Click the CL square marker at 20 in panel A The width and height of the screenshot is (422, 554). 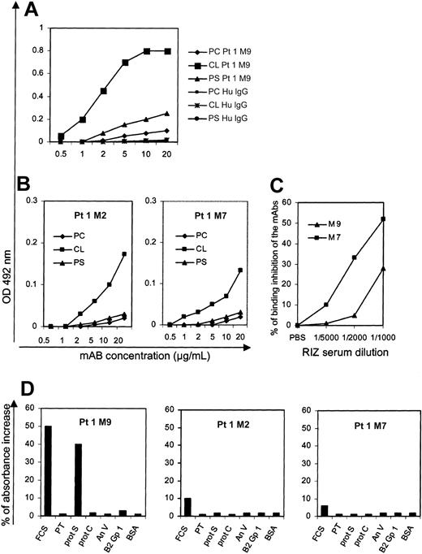click(x=189, y=51)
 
